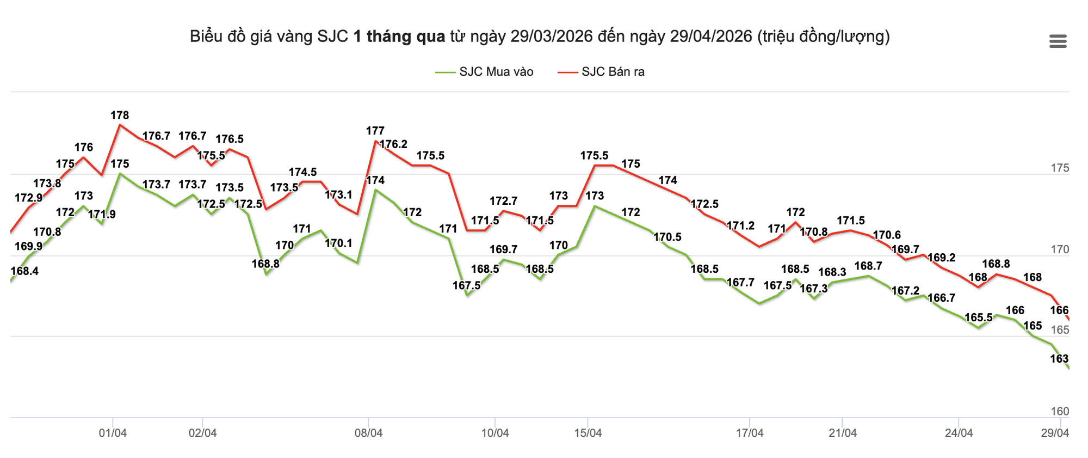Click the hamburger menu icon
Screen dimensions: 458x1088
tap(1058, 41)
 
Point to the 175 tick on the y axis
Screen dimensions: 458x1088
tap(1060, 168)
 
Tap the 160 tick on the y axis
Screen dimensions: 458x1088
tap(1060, 412)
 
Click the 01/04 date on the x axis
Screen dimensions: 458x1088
tap(113, 433)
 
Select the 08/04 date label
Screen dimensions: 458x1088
tap(368, 433)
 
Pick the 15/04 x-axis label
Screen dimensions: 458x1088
tap(588, 433)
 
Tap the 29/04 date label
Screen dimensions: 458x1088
tap(1055, 433)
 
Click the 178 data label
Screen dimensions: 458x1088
tap(120, 115)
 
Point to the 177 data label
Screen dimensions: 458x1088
tap(375, 131)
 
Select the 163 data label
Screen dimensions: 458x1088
tap(1059, 359)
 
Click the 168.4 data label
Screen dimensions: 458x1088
tap(24, 271)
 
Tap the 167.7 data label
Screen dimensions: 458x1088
tap(740, 282)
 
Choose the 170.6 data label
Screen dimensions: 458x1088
tap(887, 235)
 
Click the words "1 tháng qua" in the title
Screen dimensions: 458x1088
tap(399, 36)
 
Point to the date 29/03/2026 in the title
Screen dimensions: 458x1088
tap(551, 36)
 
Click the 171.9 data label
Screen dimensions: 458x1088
tap(102, 215)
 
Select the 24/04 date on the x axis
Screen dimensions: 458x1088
tap(959, 433)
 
